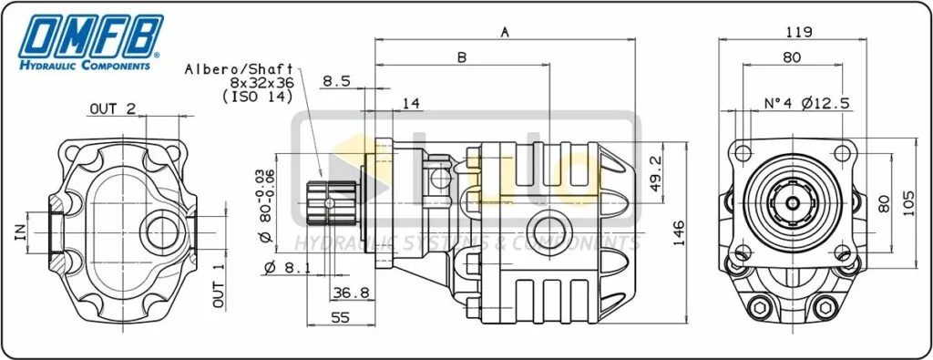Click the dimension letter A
[505, 32]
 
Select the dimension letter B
[462, 57]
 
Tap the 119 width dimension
[798, 32]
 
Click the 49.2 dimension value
[656, 175]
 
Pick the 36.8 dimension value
[351, 293]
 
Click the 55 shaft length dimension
[340, 318]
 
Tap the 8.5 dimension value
[336, 81]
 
